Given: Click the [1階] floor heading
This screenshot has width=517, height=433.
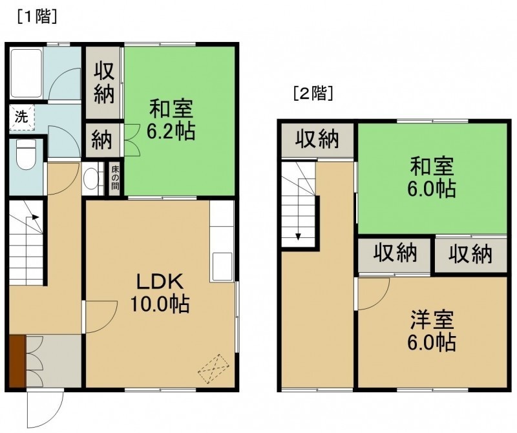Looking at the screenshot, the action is pos(37,17).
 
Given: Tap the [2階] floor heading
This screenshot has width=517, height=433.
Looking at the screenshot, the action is pos(313,94).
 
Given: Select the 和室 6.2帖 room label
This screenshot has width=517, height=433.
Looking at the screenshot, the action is pos(171,121).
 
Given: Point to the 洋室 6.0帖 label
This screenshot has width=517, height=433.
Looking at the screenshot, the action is pos(432,331).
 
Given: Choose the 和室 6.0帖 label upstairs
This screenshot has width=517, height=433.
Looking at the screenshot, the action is pos(432,177).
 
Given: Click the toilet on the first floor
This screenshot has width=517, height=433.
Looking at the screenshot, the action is pos(26,154).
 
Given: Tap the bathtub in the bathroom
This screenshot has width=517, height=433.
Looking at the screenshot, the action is pos(26,73).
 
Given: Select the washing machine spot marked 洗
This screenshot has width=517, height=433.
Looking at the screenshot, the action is pos(22,118).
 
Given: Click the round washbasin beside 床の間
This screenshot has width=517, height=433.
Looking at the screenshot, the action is pos(90,179).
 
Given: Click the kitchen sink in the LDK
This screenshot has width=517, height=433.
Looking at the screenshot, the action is pos(222,267).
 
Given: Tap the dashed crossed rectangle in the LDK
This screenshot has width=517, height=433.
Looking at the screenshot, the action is pos(213,368).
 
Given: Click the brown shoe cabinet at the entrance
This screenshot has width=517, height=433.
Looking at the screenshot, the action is pos(17,361).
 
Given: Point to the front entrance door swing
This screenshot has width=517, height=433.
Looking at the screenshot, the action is pos(45,409).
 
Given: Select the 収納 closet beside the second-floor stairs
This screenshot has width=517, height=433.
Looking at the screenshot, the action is pos(317,140).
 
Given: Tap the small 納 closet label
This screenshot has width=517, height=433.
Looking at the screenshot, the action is pos(102,140).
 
